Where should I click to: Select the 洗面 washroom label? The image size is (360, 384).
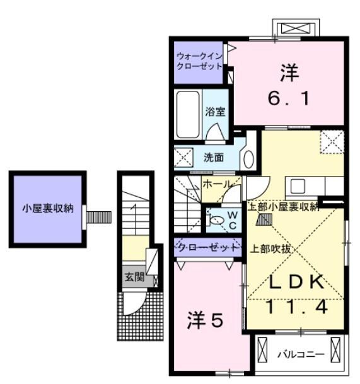point(212,158)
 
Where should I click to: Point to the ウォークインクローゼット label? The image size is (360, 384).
point(199,61)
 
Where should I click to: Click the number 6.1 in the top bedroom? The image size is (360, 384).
point(286,99)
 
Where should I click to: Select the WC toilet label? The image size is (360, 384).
point(231,218)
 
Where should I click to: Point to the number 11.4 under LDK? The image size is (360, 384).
point(295,307)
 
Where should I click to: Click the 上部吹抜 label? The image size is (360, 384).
point(270,248)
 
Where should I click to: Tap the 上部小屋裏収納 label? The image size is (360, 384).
point(282,207)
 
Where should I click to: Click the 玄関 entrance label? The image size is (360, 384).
point(134,276)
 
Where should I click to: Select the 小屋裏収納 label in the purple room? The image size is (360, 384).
point(48,208)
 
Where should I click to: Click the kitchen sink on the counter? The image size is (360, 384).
point(298,186)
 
